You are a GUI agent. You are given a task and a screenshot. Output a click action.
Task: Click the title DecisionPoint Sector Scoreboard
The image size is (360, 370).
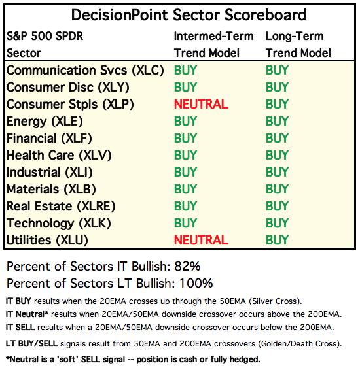click(189, 15)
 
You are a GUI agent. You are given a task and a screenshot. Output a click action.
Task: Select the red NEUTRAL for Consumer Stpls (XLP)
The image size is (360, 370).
click(201, 105)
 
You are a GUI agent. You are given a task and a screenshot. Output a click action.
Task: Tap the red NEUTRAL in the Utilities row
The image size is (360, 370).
click(201, 240)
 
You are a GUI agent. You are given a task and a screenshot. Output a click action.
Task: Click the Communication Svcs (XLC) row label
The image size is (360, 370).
click(85, 71)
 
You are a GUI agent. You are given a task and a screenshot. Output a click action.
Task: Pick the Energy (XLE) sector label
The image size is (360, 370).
click(45, 122)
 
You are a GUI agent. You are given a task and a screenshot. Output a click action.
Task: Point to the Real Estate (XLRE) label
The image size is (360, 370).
click(61, 207)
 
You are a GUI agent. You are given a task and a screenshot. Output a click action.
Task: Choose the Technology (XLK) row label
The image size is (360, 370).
click(59, 224)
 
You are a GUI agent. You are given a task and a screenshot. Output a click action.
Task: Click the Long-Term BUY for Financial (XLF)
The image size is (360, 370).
click(277, 139)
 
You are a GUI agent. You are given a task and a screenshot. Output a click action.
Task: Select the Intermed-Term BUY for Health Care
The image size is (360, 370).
click(185, 156)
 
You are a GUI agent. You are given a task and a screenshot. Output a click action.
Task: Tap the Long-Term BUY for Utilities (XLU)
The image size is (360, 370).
click(277, 240)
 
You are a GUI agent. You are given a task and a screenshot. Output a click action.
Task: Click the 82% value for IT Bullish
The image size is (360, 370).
click(187, 267)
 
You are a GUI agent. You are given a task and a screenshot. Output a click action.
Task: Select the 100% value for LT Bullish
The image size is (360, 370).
click(196, 284)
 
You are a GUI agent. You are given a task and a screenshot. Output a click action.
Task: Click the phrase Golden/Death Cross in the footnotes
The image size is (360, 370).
click(298, 344)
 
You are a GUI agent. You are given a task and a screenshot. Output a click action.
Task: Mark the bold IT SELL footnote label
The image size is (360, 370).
click(20, 328)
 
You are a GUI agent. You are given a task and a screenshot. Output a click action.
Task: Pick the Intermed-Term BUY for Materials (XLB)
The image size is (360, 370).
click(185, 189)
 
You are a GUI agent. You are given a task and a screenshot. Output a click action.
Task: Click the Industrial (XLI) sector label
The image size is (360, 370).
click(50, 173)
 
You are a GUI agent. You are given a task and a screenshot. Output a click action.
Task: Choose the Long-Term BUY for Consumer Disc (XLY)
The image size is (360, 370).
click(277, 88)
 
